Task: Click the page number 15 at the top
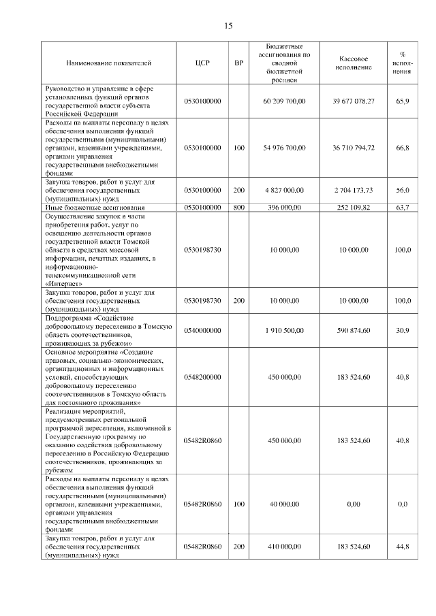(x=228, y=26)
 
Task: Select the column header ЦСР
(x=202, y=63)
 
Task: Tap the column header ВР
(x=238, y=63)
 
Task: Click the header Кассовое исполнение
(x=354, y=63)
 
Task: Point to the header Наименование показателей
(x=108, y=63)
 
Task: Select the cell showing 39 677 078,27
(x=354, y=101)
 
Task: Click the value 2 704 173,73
(x=354, y=193)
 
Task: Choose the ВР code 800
(x=238, y=207)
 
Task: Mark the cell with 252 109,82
(x=354, y=207)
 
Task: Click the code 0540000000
(x=202, y=330)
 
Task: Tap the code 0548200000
(x=202, y=377)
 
